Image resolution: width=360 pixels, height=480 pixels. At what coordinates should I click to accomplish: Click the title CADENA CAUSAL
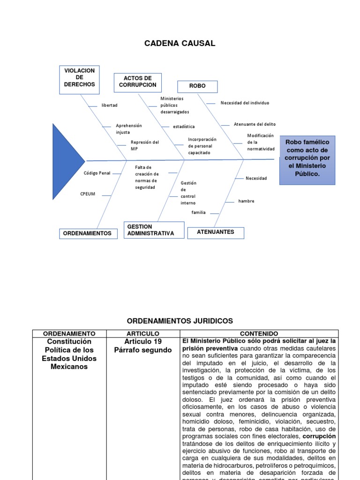[180, 44]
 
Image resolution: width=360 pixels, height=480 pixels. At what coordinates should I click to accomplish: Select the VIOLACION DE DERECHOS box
[80, 78]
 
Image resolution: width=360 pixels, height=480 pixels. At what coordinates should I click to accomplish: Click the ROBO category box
[197, 86]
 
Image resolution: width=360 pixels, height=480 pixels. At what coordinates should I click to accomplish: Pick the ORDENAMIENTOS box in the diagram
[87, 233]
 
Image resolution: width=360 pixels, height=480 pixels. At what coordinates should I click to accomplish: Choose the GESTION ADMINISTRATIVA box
[154, 230]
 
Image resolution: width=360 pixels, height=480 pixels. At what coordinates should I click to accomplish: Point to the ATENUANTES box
[215, 232]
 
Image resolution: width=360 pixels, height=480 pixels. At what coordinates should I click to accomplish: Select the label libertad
[109, 105]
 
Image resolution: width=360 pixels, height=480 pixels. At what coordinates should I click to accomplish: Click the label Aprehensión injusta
[128, 129]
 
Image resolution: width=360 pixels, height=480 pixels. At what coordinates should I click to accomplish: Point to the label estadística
[183, 127]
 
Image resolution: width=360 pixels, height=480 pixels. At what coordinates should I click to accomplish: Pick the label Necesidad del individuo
[245, 103]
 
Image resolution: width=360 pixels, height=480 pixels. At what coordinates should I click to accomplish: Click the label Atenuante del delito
[255, 124]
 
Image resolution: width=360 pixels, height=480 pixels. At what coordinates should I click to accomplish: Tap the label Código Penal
[97, 173]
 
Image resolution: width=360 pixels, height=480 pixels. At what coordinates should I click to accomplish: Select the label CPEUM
[88, 194]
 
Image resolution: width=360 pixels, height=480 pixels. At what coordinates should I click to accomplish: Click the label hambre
[246, 201]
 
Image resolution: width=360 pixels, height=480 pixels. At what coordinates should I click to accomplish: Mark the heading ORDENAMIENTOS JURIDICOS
[180, 321]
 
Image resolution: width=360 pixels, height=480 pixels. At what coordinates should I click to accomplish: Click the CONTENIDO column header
[259, 333]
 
